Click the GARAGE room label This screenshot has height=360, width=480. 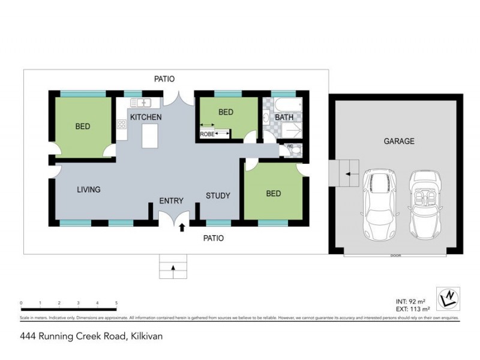click(x=399, y=142)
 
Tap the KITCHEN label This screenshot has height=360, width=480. click(x=146, y=117)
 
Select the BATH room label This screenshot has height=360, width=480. click(x=284, y=118)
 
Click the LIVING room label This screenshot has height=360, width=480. click(x=88, y=190)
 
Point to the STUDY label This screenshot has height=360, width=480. click(x=218, y=196)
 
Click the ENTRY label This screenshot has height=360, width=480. click(x=171, y=201)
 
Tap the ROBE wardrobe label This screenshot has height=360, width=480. click(x=207, y=134)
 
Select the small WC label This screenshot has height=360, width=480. click(x=290, y=146)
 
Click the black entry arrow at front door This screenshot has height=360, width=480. click(x=181, y=227)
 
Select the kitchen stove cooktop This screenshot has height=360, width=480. click(x=121, y=125)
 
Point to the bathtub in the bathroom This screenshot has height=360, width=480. click(x=284, y=103)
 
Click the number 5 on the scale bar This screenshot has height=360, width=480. click(x=116, y=304)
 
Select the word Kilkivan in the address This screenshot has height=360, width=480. click(x=145, y=337)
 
